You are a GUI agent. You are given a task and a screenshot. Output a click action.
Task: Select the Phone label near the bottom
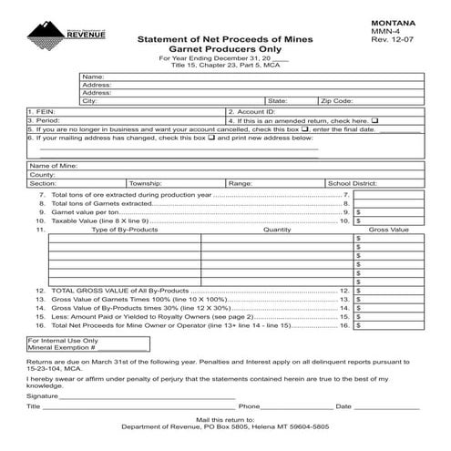250,406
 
